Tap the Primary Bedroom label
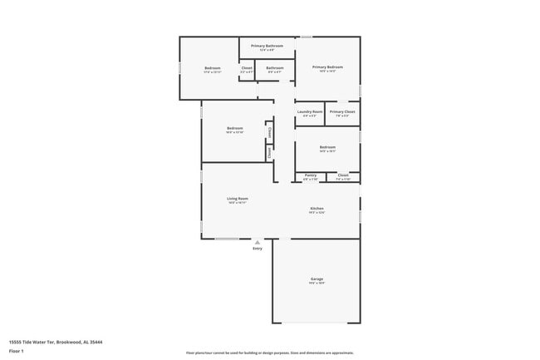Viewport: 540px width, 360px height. click(x=327, y=67)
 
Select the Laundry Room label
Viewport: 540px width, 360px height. click(x=309, y=111)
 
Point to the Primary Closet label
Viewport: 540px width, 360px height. click(x=341, y=111)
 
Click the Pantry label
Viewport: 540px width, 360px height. click(x=310, y=175)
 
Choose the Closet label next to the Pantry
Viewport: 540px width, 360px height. click(x=343, y=175)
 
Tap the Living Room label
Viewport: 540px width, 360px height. click(x=238, y=199)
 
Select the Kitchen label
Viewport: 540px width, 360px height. click(x=317, y=208)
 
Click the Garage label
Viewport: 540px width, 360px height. click(x=317, y=279)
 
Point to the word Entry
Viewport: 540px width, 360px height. click(x=258, y=248)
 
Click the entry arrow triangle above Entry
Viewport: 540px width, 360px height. click(x=258, y=242)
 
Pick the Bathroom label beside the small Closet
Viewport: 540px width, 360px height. click(x=275, y=67)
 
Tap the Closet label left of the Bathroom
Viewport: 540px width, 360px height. click(x=247, y=67)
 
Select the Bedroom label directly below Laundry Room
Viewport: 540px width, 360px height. click(x=326, y=147)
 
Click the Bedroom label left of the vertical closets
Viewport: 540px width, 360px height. click(x=234, y=128)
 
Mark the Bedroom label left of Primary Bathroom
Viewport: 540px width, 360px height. click(x=213, y=67)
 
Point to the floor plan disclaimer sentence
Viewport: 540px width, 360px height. click(x=269, y=353)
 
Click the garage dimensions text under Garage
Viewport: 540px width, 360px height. click(x=317, y=284)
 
